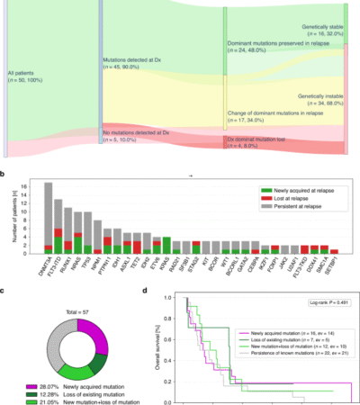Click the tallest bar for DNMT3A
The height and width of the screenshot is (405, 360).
(x=48, y=216)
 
